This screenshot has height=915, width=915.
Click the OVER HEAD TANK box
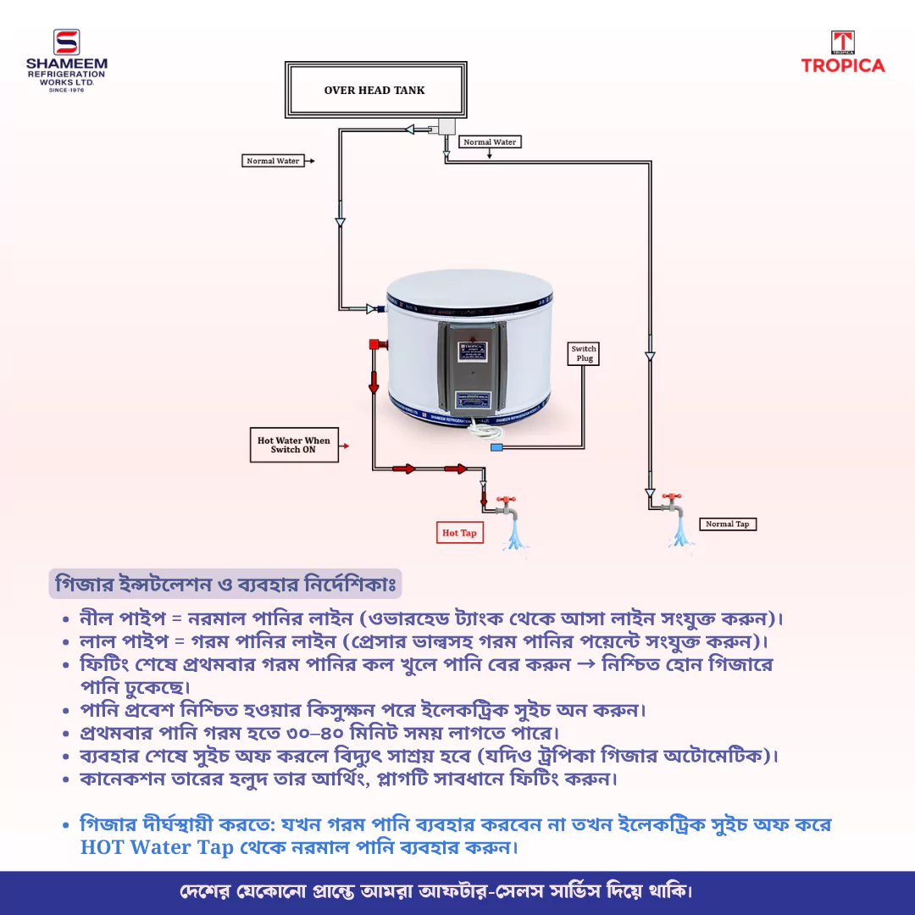[375, 91]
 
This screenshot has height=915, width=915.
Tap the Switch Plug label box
[584, 353]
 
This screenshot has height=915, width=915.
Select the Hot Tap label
[459, 533]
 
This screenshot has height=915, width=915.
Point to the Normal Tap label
[727, 524]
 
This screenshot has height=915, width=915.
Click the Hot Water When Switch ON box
[294, 445]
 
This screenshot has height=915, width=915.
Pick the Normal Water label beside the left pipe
[273, 160]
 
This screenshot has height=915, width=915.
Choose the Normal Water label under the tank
[491, 142]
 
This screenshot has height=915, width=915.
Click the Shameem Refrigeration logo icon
[66, 42]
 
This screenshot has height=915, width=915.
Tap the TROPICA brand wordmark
[843, 65]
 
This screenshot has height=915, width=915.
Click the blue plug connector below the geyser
[496, 446]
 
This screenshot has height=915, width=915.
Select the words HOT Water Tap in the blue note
[155, 847]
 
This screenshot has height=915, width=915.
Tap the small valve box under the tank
[446, 127]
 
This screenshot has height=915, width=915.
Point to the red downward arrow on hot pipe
[373, 385]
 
